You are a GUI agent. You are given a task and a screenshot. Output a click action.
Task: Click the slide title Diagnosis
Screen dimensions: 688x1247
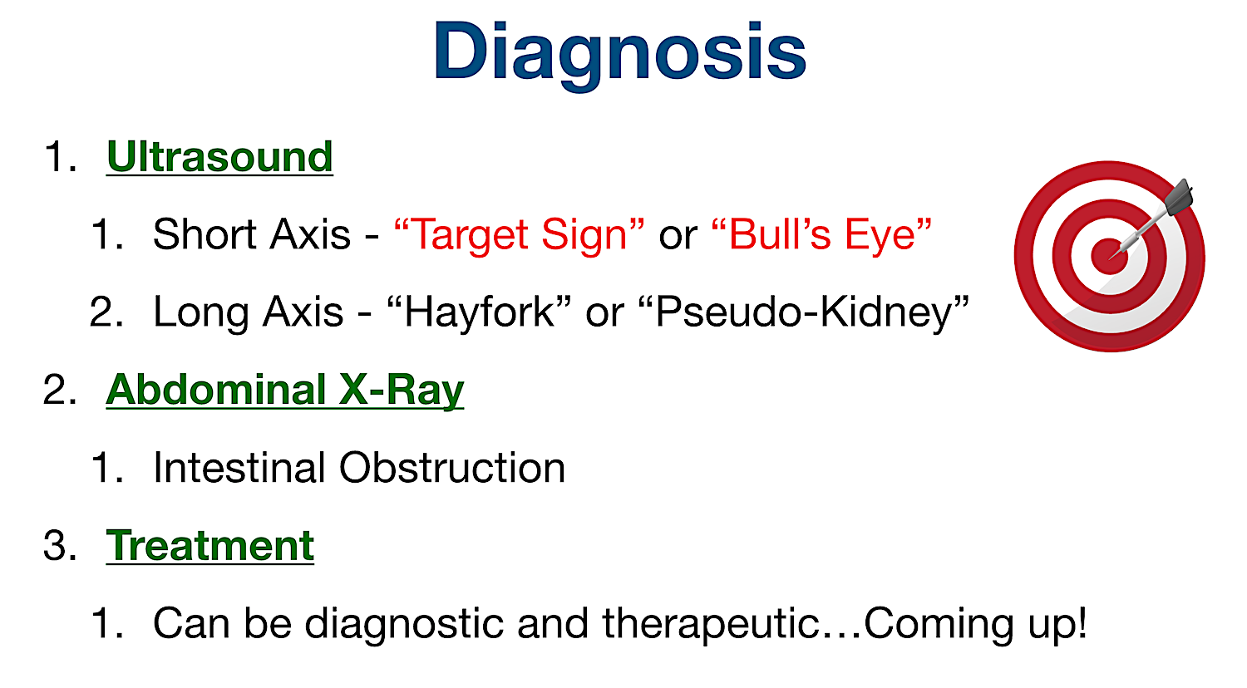[x=619, y=52]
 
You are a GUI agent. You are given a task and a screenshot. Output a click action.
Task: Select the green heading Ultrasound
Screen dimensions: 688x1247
[x=219, y=156]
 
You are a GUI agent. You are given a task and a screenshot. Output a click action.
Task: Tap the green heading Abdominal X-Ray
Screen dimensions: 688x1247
[x=284, y=390]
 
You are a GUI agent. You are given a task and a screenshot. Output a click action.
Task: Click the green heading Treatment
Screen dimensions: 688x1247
[x=209, y=546]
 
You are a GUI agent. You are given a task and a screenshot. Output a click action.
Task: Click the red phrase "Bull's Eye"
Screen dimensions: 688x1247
[x=821, y=234]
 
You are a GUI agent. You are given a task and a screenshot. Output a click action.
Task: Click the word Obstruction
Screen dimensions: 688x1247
[x=451, y=468]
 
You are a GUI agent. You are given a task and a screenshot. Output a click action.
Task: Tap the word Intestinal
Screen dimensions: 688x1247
[x=239, y=468]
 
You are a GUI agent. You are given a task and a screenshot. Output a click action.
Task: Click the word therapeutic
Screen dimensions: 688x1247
[x=711, y=623]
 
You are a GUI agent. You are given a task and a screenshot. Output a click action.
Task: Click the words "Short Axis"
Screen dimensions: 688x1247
[x=251, y=234]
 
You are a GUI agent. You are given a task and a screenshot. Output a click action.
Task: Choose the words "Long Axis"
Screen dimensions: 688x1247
[x=248, y=312]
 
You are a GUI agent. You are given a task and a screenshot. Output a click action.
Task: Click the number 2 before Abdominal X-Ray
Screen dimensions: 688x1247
[x=57, y=390]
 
